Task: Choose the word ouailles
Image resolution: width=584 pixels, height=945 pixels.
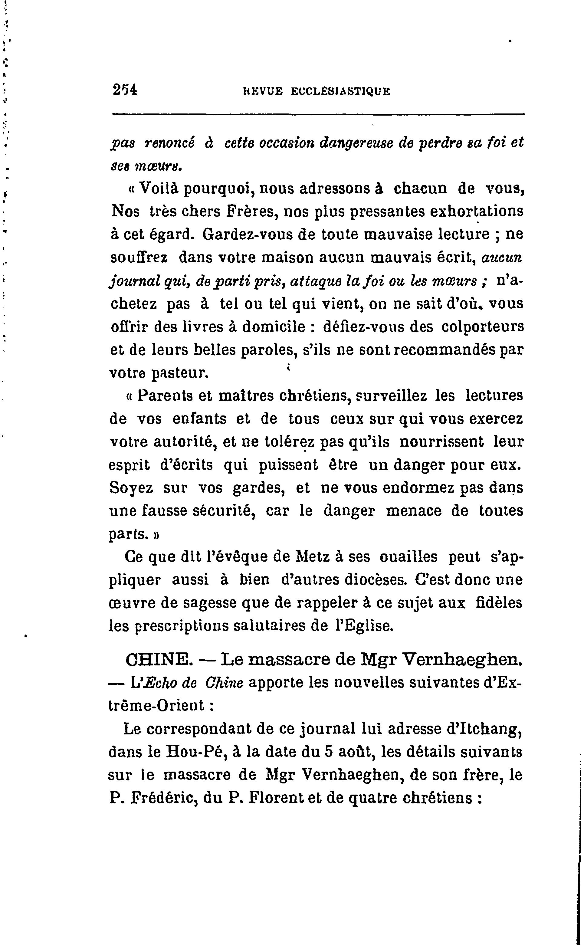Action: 408,557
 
